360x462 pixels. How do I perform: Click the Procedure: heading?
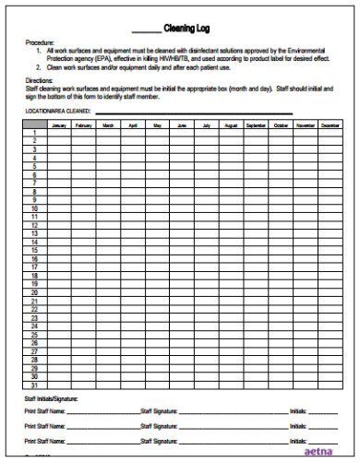click(x=38, y=42)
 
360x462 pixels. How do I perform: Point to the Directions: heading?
click(x=38, y=82)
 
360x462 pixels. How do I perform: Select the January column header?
click(x=59, y=124)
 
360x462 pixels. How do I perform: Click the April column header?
click(x=133, y=124)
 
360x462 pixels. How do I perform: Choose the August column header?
click(x=231, y=124)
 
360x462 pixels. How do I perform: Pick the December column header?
click(x=330, y=124)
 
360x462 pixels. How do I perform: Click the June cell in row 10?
click(x=182, y=207)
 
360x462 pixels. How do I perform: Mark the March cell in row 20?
click(x=108, y=292)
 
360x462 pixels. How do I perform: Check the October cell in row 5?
click(x=281, y=166)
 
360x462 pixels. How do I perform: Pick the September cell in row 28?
click(x=256, y=360)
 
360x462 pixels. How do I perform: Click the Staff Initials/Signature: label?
click(x=52, y=398)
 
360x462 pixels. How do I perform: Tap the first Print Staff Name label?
click(x=44, y=412)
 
